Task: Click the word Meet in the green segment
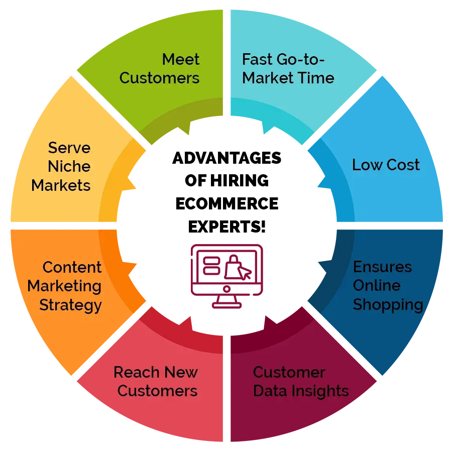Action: coord(181,59)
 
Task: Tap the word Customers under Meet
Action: coord(159,78)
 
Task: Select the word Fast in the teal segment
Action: coord(258,59)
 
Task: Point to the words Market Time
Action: coord(288,78)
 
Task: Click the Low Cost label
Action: coord(386,165)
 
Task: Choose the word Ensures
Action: coord(382,267)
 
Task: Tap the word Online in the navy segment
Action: coord(377,285)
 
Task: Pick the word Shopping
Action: coord(388,304)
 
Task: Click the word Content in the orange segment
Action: coord(72,267)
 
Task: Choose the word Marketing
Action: coord(64,286)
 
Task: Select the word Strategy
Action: coord(70,305)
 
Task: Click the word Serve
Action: coord(69,148)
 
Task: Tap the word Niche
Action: coord(69,166)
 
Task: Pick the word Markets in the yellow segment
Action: coord(61,185)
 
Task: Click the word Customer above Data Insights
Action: coord(289,372)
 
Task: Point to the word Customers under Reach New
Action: coord(157,391)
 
